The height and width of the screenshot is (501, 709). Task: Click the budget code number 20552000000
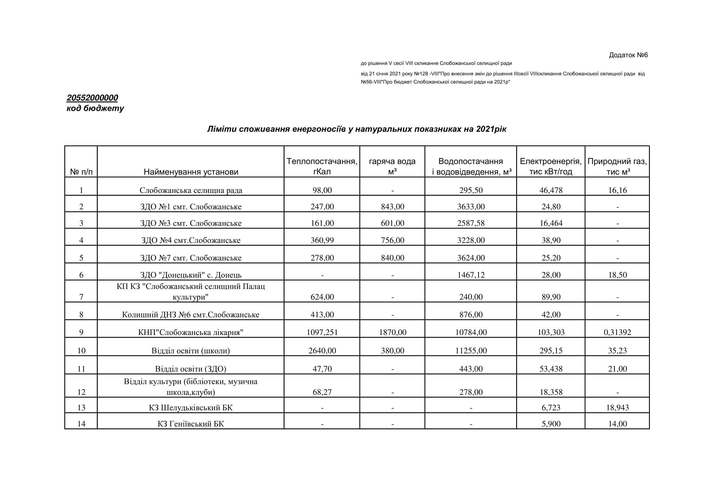(92, 98)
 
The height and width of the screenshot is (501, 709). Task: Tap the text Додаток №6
(628, 55)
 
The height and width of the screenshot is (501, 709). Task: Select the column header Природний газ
(617, 166)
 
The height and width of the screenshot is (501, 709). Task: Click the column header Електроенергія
(551, 166)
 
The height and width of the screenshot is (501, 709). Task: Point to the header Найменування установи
(191, 172)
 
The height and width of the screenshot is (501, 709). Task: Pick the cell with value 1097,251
(322, 332)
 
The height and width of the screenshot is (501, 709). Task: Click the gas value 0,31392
(617, 332)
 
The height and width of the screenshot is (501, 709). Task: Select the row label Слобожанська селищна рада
(191, 190)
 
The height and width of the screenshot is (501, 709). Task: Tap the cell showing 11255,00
(471, 351)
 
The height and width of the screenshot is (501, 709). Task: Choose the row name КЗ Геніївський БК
(191, 424)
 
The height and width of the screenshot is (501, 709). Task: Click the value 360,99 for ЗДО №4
(322, 240)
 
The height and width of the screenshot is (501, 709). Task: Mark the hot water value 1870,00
(392, 332)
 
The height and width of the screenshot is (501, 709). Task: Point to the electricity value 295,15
(551, 351)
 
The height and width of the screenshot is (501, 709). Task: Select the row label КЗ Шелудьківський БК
(191, 408)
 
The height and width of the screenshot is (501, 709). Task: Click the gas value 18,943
(617, 408)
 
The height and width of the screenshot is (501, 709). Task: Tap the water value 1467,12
(471, 275)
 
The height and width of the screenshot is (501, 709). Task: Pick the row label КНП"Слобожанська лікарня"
(191, 332)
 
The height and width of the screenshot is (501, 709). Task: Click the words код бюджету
(95, 108)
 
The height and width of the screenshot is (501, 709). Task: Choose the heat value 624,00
(322, 297)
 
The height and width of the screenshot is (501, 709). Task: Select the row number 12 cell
(81, 392)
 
